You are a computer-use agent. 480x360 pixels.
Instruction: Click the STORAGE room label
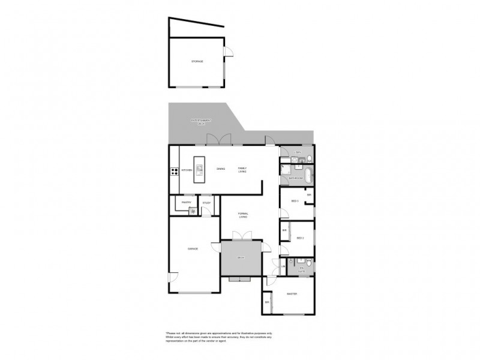click(197, 61)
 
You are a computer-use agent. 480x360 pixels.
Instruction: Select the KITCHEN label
click(187, 170)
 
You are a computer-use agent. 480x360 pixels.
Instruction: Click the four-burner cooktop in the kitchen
click(174, 171)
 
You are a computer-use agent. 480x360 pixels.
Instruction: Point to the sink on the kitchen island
click(199, 163)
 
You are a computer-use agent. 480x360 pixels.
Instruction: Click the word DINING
click(221, 169)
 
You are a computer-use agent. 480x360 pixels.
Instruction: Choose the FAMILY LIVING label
click(242, 170)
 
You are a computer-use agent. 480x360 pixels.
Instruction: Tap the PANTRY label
click(187, 203)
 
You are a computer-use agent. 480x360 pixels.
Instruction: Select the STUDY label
click(206, 203)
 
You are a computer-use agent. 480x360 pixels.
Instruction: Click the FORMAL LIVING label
click(243, 216)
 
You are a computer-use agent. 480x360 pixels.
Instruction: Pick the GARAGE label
click(193, 248)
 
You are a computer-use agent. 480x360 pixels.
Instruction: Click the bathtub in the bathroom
click(308, 177)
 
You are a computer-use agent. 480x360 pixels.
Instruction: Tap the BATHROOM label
click(295, 178)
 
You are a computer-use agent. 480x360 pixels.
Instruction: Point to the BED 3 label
click(295, 200)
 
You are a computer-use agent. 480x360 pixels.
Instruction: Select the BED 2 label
click(300, 238)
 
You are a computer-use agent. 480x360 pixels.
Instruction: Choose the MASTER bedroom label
click(292, 294)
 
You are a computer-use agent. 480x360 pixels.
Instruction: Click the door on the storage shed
click(227, 55)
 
